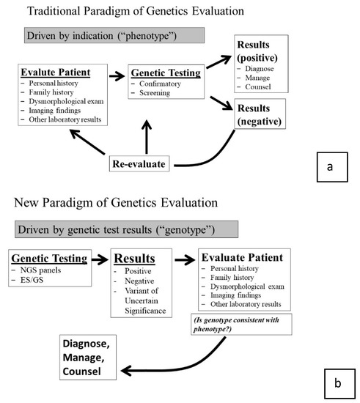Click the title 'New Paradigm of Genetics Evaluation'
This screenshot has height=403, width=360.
[x=114, y=202]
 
